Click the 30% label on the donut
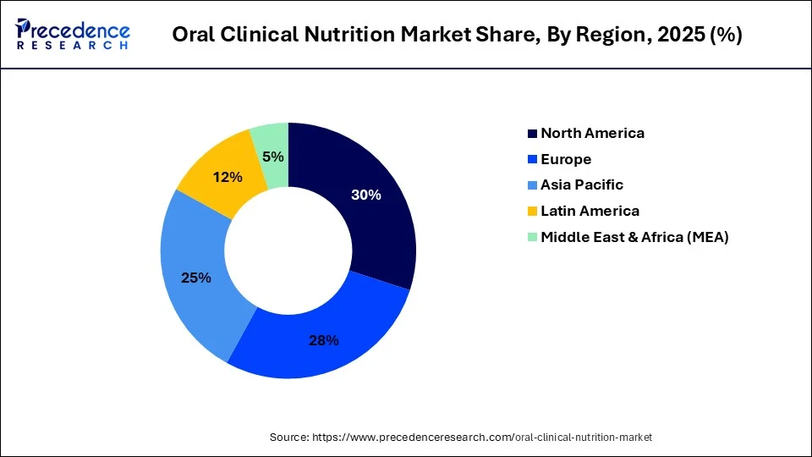click(x=366, y=195)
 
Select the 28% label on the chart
click(x=323, y=340)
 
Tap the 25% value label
click(x=195, y=278)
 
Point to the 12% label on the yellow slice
click(x=228, y=177)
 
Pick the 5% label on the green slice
click(x=273, y=157)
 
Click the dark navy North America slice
click(x=372, y=228)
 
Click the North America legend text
click(x=592, y=133)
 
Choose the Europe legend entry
click(x=566, y=159)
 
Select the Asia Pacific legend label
click(x=582, y=184)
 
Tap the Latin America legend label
click(x=590, y=211)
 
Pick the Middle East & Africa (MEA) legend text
click(x=634, y=237)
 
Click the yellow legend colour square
click(x=532, y=212)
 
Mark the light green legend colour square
click(x=532, y=237)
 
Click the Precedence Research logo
click(x=73, y=35)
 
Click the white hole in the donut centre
click(x=288, y=250)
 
